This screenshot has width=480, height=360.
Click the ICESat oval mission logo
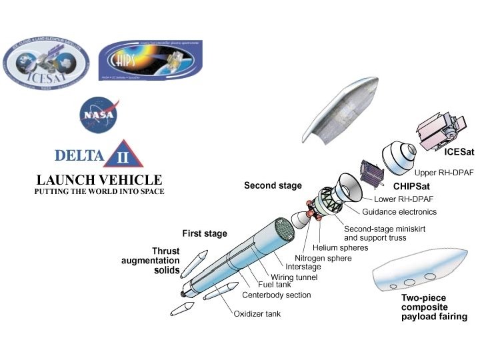(46, 64)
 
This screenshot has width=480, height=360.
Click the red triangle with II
(123, 158)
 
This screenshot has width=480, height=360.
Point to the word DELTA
(79, 157)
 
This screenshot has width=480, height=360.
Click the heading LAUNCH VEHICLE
(99, 180)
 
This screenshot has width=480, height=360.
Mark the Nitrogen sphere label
(323, 258)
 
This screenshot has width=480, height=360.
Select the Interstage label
(303, 267)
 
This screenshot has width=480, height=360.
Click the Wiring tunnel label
(294, 277)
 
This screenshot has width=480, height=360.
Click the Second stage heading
(273, 185)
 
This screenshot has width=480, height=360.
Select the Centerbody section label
(276, 295)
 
